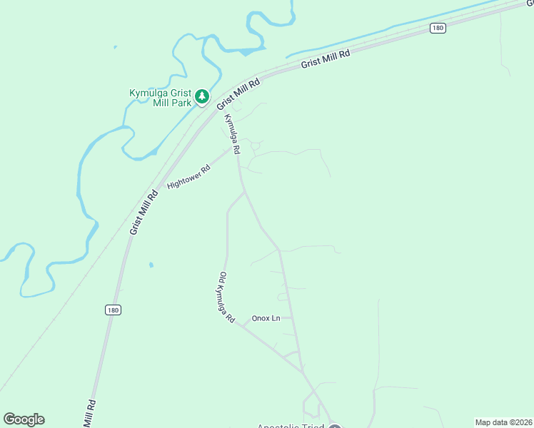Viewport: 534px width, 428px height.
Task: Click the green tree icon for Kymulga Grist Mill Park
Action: click(x=202, y=96)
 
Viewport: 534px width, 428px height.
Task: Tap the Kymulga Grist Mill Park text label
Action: click(x=161, y=98)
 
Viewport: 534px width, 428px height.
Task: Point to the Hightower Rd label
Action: click(x=189, y=177)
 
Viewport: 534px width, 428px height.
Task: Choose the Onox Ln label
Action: click(x=266, y=318)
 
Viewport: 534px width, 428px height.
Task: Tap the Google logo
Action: click(x=24, y=419)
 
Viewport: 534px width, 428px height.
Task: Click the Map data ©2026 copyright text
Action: click(x=504, y=422)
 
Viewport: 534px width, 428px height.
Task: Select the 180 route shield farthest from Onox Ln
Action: click(x=438, y=28)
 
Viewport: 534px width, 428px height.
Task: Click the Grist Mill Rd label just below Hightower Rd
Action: click(x=143, y=212)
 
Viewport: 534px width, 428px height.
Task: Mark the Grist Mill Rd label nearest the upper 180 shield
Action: click(x=326, y=58)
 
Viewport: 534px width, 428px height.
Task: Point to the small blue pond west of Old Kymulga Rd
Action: click(x=151, y=265)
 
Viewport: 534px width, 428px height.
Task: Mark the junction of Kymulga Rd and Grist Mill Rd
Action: click(x=220, y=110)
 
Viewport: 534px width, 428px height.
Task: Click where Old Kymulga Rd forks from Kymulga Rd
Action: click(x=246, y=191)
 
